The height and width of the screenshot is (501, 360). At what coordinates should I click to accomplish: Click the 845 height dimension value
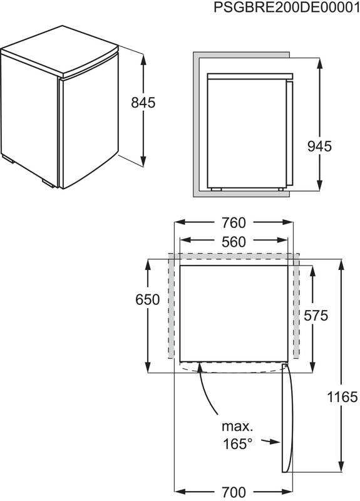[x=143, y=102]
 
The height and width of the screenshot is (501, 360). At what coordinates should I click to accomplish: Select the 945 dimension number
[x=319, y=146]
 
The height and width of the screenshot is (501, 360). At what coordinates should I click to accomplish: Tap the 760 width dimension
[x=233, y=223]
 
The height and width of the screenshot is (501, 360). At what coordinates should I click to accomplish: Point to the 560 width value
[x=233, y=241]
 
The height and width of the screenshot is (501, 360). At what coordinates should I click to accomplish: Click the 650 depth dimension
[x=148, y=300]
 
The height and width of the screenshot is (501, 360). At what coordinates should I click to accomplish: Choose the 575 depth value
[x=314, y=316]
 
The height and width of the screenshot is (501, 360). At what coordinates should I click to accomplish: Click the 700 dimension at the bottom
[x=232, y=491]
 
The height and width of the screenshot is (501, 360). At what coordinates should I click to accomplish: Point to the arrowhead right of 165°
[x=274, y=442]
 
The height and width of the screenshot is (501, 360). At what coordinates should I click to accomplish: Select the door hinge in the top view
[x=285, y=366]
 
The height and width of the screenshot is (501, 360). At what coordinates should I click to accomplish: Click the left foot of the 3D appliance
[x=9, y=161]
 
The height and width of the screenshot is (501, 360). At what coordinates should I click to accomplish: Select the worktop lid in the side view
[x=249, y=75]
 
